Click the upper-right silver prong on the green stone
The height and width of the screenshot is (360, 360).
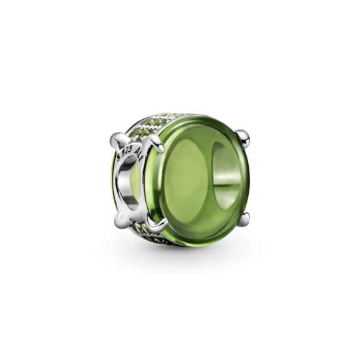click(x=243, y=136)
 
